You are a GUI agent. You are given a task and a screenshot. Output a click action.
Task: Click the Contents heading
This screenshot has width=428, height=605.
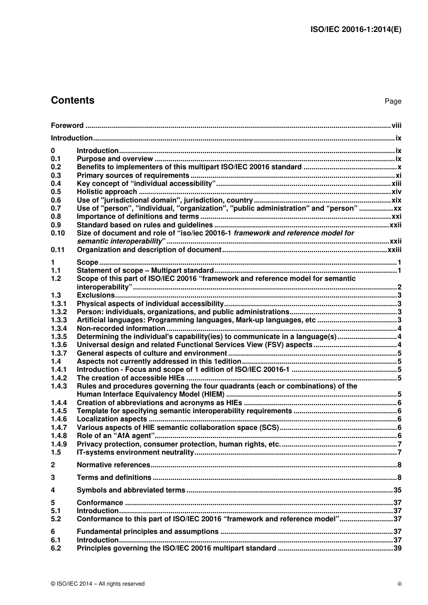coord(73,100)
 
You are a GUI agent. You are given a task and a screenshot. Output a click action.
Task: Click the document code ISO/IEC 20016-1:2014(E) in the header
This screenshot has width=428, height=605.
coord(356,30)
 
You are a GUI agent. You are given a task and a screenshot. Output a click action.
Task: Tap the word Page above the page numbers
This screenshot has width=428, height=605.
coord(393,101)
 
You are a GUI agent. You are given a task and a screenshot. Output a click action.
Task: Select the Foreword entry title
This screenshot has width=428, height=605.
coord(67,126)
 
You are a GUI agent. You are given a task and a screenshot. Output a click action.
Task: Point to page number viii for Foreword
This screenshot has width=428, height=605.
coord(396,126)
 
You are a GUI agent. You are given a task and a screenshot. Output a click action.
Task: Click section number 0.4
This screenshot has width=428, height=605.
coord(56,184)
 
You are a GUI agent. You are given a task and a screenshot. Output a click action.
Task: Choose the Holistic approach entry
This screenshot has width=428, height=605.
coord(107,192)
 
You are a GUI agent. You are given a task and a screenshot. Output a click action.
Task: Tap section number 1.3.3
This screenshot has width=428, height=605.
coord(59,320)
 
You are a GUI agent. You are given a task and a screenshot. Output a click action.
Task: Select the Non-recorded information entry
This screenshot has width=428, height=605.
coord(121,329)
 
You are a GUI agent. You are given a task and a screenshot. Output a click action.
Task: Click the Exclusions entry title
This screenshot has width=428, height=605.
coord(96,295)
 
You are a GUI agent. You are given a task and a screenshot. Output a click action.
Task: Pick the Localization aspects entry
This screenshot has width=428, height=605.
coord(112,419)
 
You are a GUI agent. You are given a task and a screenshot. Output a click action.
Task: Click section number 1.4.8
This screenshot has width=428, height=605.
coord(59,436)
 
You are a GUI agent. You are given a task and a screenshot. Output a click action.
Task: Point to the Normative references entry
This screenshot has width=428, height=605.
coord(113,465)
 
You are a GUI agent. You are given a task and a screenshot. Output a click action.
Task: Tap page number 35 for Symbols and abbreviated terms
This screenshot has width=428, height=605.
coord(397,490)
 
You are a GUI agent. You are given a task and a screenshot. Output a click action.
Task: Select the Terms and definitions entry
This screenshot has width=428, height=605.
coord(114,478)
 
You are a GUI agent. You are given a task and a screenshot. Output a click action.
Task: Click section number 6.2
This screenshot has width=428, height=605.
coord(56,548)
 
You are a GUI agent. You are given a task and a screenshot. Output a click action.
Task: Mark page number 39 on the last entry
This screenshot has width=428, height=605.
coord(397,548)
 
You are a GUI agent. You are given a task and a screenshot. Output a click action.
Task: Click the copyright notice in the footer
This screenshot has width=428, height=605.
coord(98,584)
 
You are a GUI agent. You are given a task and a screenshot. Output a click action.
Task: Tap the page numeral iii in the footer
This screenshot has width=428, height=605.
coord(399,584)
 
